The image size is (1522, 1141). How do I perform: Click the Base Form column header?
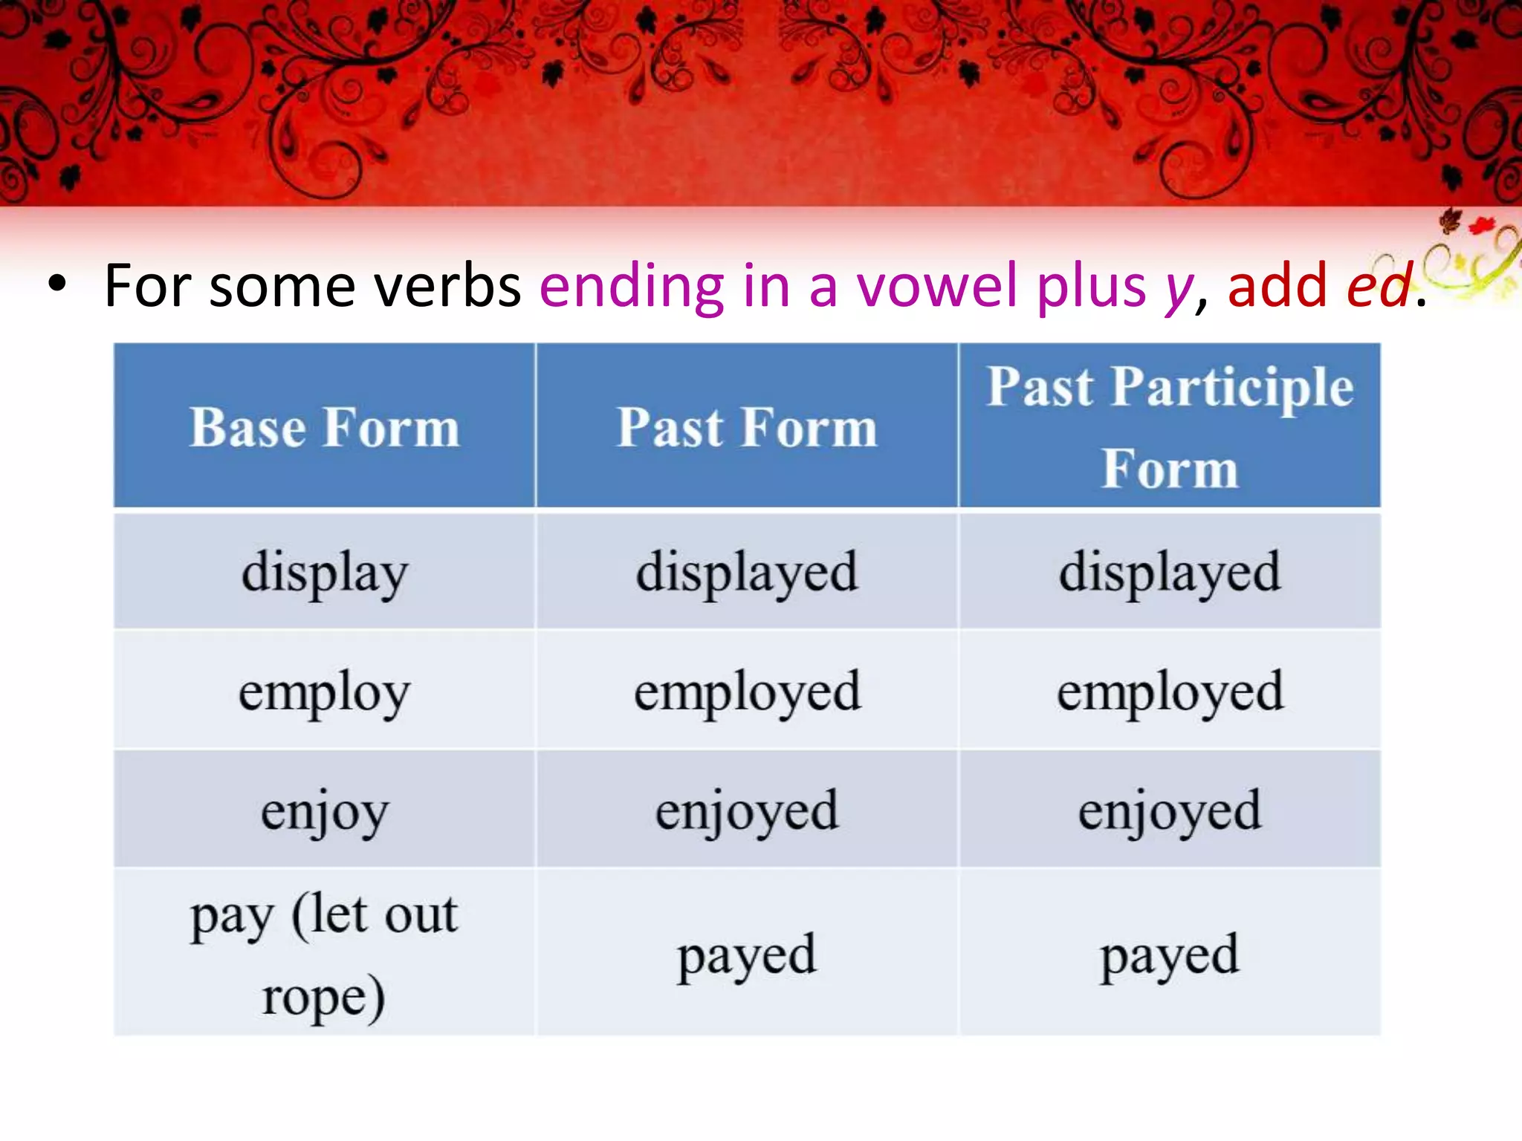pyautogui.click(x=324, y=427)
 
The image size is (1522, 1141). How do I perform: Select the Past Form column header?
pyautogui.click(x=747, y=427)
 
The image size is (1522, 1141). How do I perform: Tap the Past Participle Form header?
pyautogui.click(x=1170, y=427)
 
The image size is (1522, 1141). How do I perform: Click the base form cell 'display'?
pyautogui.click(x=324, y=573)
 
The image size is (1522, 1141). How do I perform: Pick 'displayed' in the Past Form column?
pyautogui.click(x=747, y=573)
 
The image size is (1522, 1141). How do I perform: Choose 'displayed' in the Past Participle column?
pyautogui.click(x=1170, y=573)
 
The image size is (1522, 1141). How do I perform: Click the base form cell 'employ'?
pyautogui.click(x=324, y=692)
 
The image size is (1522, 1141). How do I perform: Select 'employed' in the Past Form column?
pyautogui.click(x=747, y=692)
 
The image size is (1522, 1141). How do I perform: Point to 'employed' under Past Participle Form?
pyautogui.click(x=1170, y=692)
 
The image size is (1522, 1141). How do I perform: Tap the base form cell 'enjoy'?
pyautogui.click(x=324, y=810)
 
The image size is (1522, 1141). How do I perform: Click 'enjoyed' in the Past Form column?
pyautogui.click(x=747, y=810)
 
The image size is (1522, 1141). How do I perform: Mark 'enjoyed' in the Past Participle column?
pyautogui.click(x=1170, y=810)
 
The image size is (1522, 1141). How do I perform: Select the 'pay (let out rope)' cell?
pyautogui.click(x=324, y=954)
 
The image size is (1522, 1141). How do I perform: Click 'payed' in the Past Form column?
pyautogui.click(x=747, y=955)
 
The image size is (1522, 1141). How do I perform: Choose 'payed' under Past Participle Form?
pyautogui.click(x=1170, y=955)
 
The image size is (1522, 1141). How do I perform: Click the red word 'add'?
pyautogui.click(x=1277, y=286)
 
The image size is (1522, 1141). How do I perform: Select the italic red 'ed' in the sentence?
pyautogui.click(x=1379, y=286)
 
